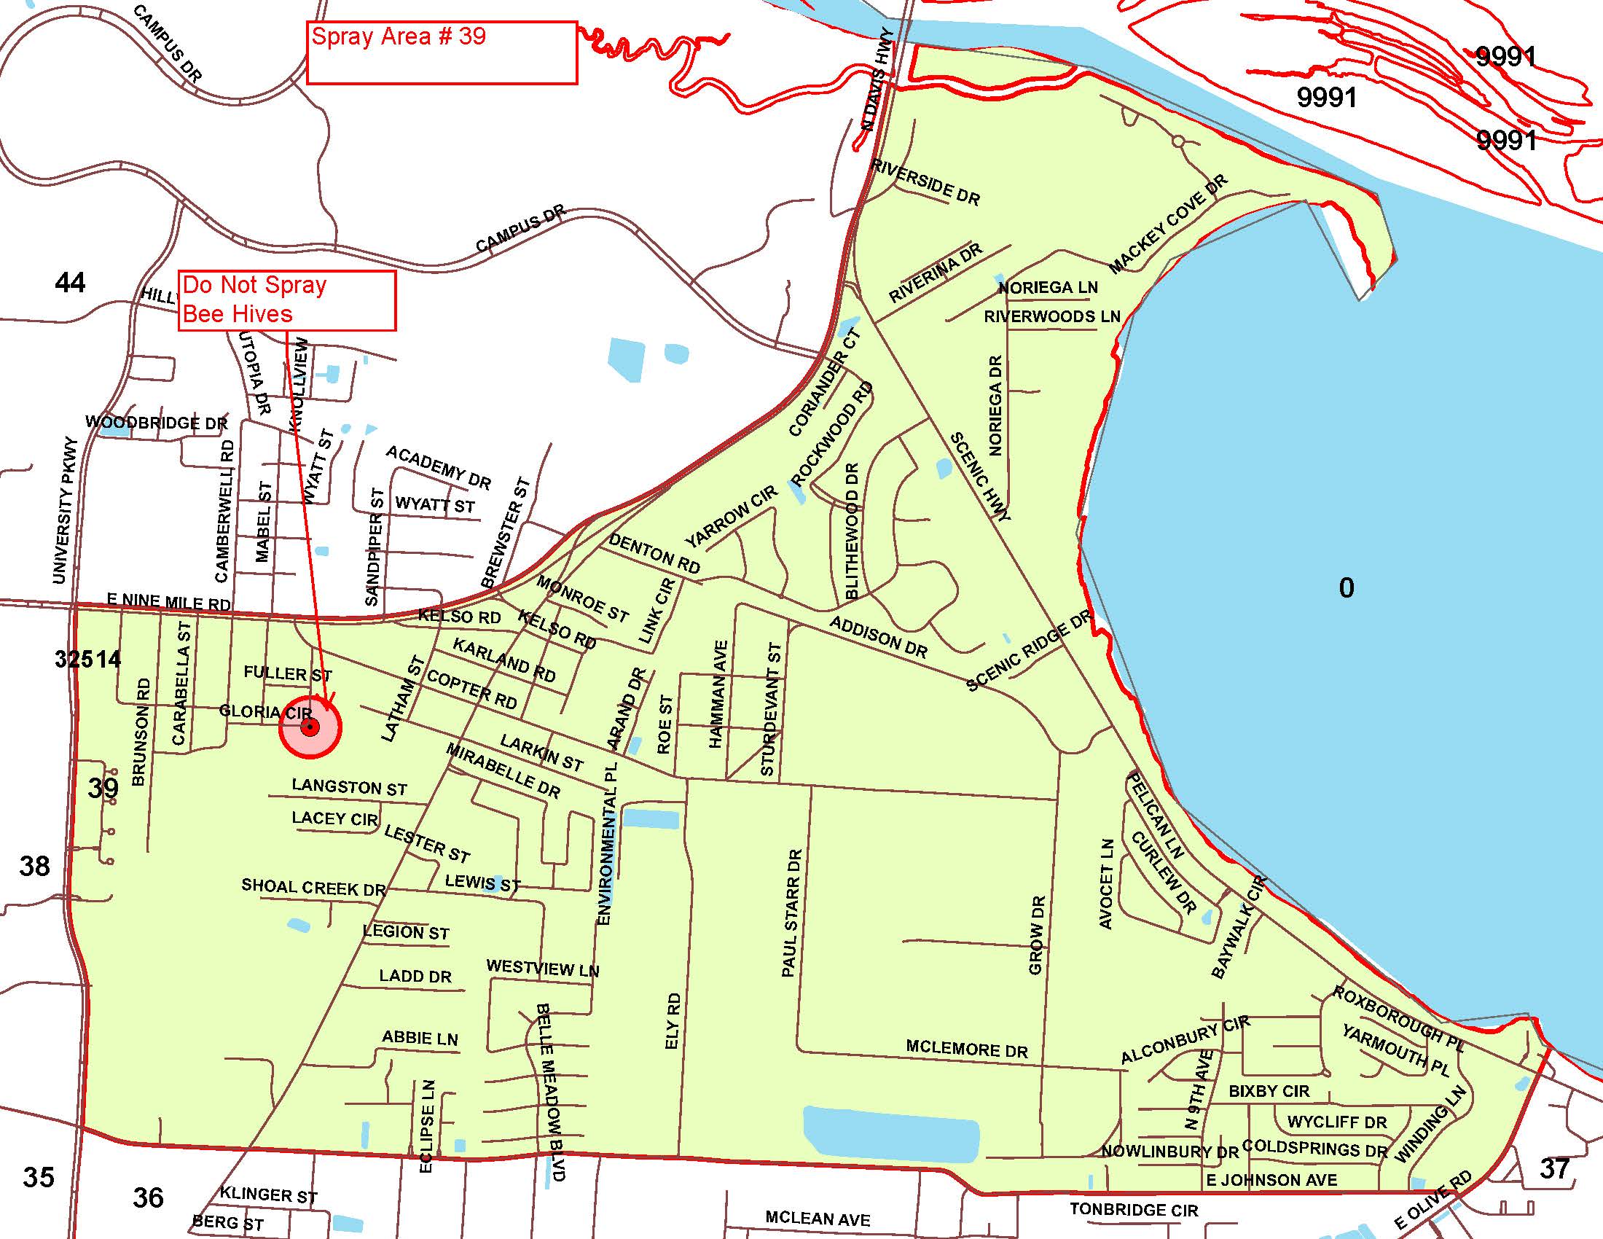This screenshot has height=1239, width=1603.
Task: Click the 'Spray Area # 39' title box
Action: tap(441, 52)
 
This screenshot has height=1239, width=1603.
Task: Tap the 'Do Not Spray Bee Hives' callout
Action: tap(287, 300)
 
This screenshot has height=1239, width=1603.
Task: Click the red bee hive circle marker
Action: tap(310, 727)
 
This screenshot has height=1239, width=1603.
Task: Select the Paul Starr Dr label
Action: tap(791, 913)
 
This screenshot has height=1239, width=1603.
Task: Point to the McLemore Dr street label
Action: tap(967, 1049)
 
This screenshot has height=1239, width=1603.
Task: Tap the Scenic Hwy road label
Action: tap(980, 477)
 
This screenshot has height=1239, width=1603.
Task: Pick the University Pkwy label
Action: tap(65, 510)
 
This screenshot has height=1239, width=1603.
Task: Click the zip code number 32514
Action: tap(87, 659)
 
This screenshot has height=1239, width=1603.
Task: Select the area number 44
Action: tap(70, 282)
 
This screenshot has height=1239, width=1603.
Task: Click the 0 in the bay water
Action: tap(1346, 588)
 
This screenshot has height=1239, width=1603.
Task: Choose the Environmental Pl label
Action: tap(608, 843)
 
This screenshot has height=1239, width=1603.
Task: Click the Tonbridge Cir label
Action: tap(1133, 1210)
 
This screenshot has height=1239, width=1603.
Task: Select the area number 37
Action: tap(1554, 1168)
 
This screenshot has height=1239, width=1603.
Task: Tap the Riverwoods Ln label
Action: tap(1051, 316)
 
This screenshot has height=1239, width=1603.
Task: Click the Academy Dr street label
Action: tap(438, 467)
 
